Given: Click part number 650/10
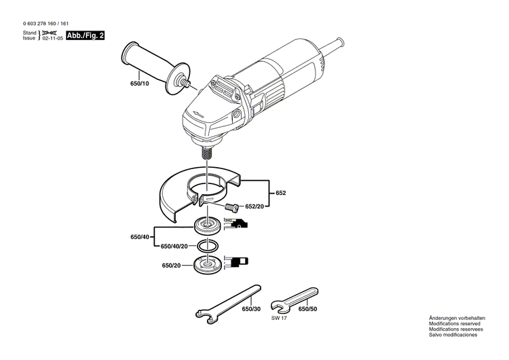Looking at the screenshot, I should coord(140,84).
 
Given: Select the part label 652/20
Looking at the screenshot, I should coord(255,206).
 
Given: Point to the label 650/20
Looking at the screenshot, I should coord(171,266).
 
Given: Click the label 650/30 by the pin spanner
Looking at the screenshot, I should coord(251,309).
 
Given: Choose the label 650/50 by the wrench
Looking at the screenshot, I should coord(308,309).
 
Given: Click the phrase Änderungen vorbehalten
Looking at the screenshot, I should coord(457,318).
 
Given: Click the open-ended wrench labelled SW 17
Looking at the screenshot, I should coord(293,297).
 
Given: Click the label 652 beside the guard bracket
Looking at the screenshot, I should coord(280,194).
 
